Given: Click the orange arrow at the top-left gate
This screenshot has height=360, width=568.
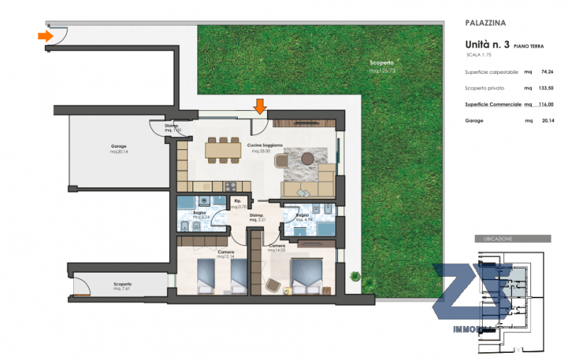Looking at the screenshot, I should (45, 36).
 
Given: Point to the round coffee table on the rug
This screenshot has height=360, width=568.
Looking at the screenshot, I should (307, 158).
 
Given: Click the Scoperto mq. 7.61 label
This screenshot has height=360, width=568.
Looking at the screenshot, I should (122, 286).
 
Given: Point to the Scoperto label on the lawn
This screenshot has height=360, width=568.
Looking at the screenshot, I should (382, 66).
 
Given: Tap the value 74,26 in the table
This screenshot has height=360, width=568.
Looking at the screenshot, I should (547, 72).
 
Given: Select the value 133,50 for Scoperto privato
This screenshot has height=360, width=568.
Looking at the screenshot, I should (545, 88).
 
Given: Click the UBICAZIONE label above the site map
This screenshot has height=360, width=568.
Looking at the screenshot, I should (497, 239).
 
